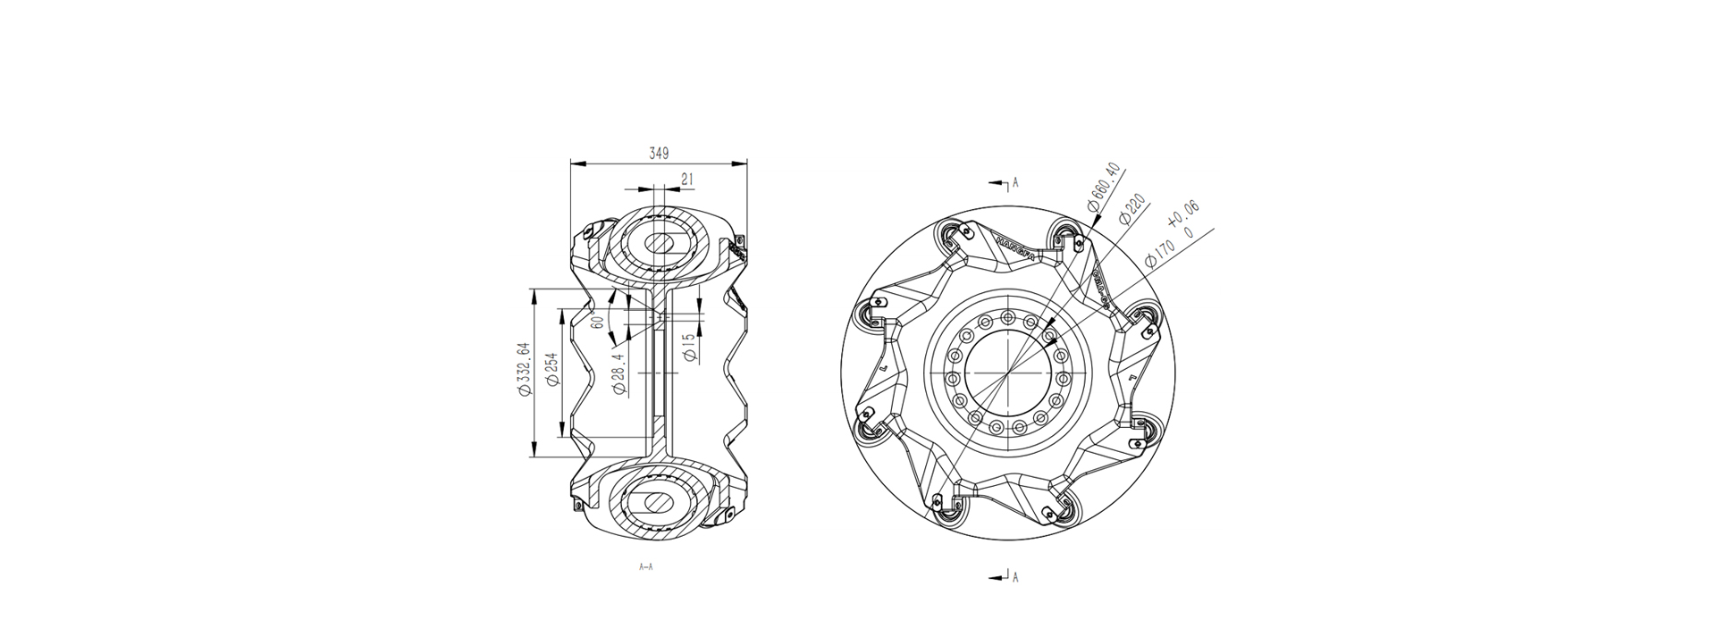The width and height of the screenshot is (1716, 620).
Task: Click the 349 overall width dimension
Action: [x=659, y=154]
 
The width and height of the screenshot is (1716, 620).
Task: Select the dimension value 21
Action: [x=687, y=180]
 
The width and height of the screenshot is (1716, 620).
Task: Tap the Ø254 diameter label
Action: [x=552, y=368]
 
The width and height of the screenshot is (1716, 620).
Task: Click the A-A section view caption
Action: [x=646, y=566]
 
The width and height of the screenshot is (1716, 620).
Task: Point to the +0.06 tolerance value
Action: [x=1183, y=215]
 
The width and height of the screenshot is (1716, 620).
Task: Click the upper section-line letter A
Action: [x=1015, y=183]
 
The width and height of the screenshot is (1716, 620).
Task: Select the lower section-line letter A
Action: [x=1015, y=577]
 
